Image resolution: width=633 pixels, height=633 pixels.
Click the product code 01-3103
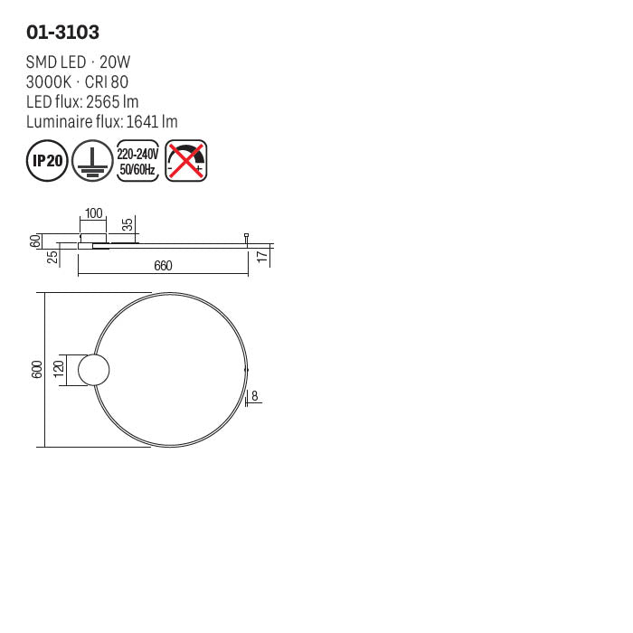coord(62,32)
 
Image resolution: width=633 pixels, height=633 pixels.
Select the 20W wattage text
coord(115,62)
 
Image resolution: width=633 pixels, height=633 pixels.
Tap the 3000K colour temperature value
coord(49,82)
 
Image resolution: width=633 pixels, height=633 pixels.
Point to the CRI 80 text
coord(107,82)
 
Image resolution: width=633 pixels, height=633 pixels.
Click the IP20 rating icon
coord(46,161)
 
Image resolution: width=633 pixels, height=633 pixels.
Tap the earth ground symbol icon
coord(92,161)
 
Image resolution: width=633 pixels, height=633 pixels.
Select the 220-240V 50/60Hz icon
coord(138,161)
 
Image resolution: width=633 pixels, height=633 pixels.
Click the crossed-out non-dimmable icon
coord(187,161)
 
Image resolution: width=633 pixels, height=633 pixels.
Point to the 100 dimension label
coord(93,214)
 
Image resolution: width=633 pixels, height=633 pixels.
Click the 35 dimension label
coord(128,224)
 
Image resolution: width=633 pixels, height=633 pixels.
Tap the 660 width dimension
coord(163,266)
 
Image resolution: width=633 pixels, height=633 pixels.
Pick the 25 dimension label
coord(53,257)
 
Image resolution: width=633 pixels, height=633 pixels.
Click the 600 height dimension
coord(37,370)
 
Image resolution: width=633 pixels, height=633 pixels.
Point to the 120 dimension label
coord(60,370)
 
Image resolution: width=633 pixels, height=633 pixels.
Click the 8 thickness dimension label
coord(255,395)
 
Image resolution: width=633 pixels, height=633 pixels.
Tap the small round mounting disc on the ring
coord(94,370)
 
